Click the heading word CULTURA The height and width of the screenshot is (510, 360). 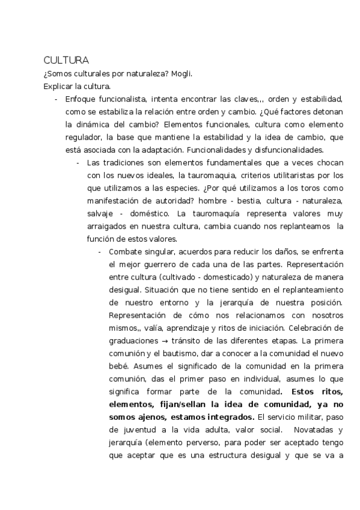click(x=66, y=61)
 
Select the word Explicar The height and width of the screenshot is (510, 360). click(x=56, y=87)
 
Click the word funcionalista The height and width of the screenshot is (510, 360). click(x=123, y=99)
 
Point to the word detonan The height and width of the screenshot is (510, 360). click(x=327, y=112)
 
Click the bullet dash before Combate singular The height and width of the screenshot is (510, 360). click(x=100, y=251)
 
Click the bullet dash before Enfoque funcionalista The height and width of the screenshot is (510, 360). click(x=56, y=100)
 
